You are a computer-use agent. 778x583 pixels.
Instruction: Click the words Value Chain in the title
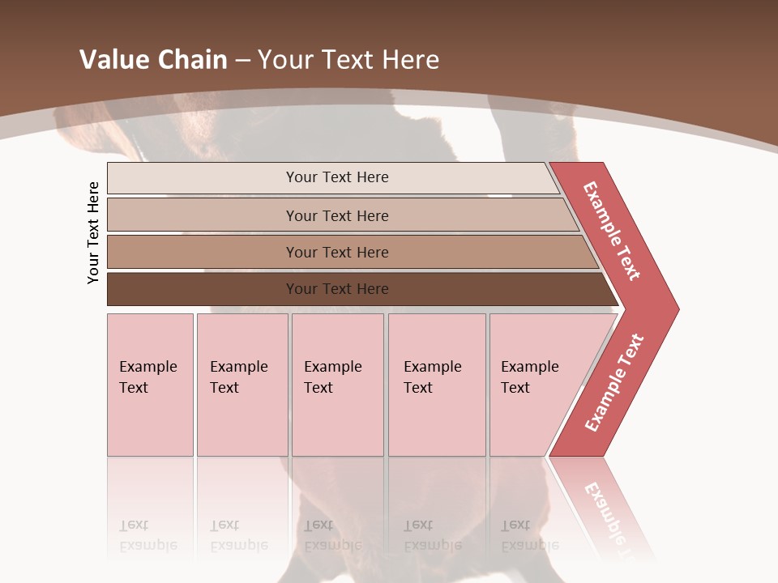(153, 60)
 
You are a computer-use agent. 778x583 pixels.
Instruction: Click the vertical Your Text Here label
(93, 233)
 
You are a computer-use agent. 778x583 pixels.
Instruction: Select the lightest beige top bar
(203, 178)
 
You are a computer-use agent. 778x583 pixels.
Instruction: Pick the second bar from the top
(203, 215)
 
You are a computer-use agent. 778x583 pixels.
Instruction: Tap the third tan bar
(203, 252)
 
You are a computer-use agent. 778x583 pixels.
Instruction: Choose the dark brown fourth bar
(203, 289)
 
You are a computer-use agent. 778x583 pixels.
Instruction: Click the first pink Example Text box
(150, 385)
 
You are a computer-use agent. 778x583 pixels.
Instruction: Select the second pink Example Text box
(242, 385)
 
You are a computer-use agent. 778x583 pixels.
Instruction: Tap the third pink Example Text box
(337, 385)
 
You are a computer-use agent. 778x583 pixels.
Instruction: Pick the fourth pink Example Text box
(437, 385)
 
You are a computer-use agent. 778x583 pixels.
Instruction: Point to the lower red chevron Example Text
(614, 383)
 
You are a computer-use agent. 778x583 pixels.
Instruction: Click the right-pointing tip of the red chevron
(674, 309)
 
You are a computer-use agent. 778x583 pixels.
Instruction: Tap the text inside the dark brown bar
(337, 289)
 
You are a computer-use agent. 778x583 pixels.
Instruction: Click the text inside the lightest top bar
(337, 177)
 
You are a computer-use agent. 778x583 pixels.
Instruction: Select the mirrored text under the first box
(148, 535)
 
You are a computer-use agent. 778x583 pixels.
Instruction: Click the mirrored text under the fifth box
(530, 535)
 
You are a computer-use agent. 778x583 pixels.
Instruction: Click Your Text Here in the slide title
(348, 60)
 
